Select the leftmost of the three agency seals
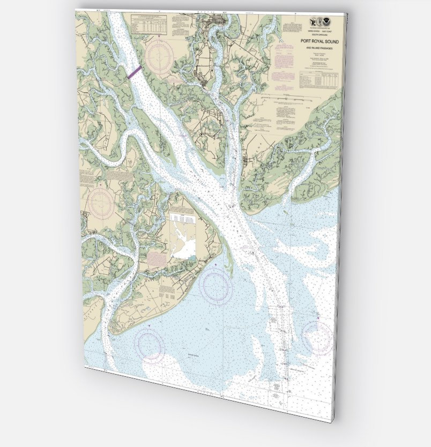point(313,23)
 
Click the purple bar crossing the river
point(135,72)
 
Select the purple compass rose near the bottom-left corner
point(150,343)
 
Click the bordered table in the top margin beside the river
point(153,25)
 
